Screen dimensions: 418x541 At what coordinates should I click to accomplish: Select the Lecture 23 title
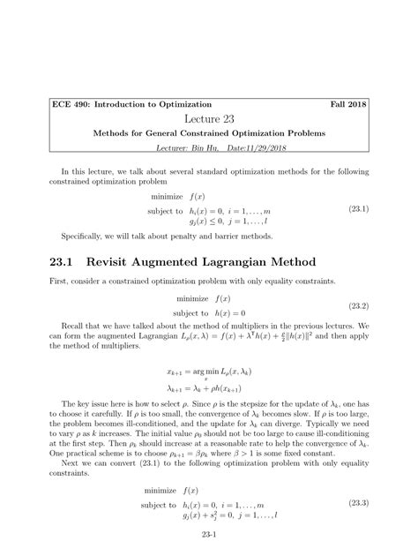tap(209, 118)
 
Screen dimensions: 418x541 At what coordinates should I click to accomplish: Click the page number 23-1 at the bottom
tap(209, 532)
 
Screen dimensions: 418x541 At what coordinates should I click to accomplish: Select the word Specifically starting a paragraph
tap(84, 236)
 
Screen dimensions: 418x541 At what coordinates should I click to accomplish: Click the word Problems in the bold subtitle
tap(298, 132)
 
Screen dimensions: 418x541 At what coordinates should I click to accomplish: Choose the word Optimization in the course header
tap(193, 103)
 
